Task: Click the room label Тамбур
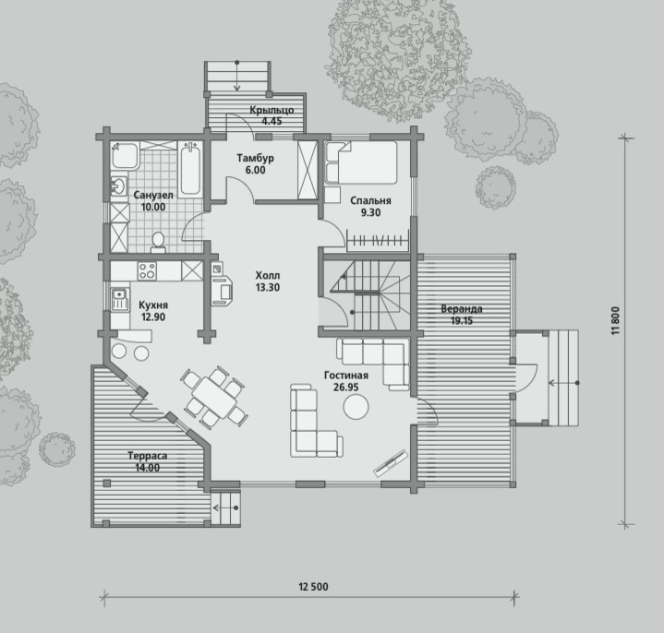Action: (x=256, y=159)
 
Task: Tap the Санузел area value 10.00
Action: (x=153, y=207)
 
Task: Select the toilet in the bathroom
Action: (x=158, y=242)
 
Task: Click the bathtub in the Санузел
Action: (x=190, y=170)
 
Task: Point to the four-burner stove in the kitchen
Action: (x=147, y=270)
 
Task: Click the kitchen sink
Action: (x=120, y=299)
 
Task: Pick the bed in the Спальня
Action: (x=361, y=162)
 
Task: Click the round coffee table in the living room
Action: (x=356, y=407)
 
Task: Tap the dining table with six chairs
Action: (x=214, y=397)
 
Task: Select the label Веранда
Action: (x=462, y=309)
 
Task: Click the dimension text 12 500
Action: (x=313, y=587)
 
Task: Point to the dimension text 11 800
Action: (x=616, y=321)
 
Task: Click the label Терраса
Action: (x=148, y=456)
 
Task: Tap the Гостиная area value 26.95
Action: (x=346, y=388)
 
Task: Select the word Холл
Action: (x=268, y=276)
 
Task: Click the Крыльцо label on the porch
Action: (x=272, y=111)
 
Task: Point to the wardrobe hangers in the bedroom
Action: (x=378, y=241)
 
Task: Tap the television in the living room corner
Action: (x=389, y=463)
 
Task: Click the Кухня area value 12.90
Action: (x=153, y=316)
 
